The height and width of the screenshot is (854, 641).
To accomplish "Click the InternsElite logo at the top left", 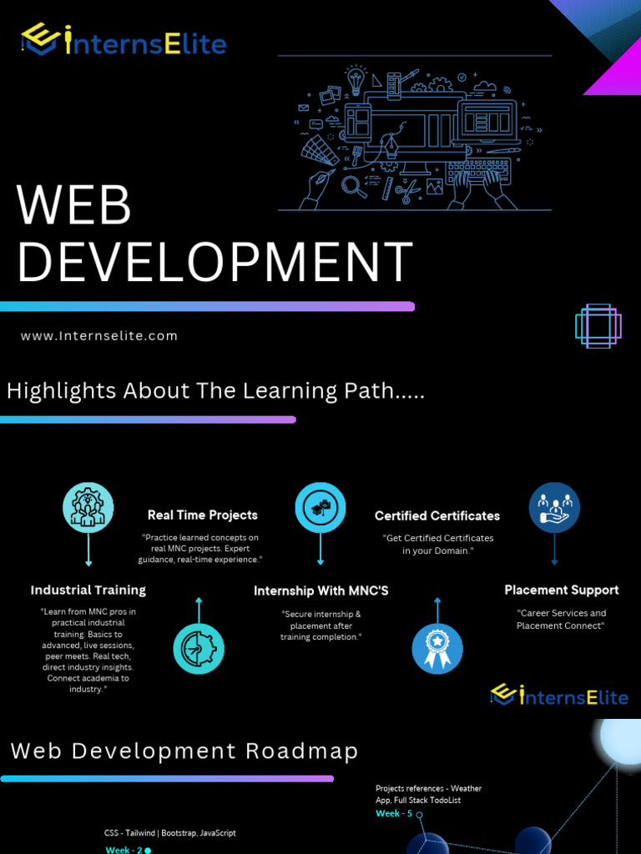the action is click(x=124, y=40).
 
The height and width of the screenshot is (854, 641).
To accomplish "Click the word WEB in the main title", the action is click(x=74, y=205).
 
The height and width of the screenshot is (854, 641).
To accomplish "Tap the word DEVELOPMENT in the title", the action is click(x=215, y=261).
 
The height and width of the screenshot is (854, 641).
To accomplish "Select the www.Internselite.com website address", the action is click(x=99, y=336).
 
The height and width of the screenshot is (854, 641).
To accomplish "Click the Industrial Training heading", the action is click(x=88, y=590).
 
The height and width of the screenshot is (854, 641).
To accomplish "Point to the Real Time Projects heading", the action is click(x=203, y=515).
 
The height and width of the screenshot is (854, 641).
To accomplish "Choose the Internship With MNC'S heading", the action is click(x=321, y=590).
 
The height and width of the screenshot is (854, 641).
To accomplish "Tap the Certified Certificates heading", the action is click(x=437, y=515).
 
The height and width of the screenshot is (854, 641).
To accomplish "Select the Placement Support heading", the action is click(x=562, y=590).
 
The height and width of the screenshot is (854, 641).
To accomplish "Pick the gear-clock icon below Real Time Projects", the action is click(x=199, y=649).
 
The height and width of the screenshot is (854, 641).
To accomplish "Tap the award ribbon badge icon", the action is click(x=437, y=649).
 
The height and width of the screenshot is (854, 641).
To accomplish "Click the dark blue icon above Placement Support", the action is click(x=554, y=508).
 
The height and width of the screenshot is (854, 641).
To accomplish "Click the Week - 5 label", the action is click(x=394, y=813).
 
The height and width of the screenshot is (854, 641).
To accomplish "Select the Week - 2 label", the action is click(x=124, y=850).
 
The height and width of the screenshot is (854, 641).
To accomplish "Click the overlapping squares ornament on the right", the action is click(x=598, y=326).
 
